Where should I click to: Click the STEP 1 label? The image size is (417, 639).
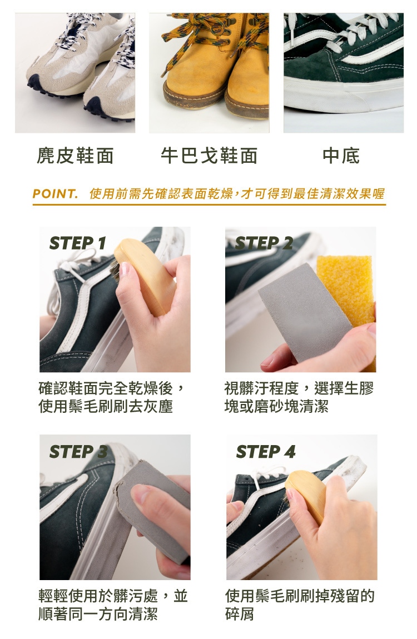pyautogui.click(x=77, y=243)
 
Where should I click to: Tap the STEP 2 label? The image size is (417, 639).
pyautogui.click(x=264, y=243)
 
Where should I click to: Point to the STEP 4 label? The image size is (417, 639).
pyautogui.click(x=266, y=452)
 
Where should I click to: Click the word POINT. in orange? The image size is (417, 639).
pyautogui.click(x=55, y=193)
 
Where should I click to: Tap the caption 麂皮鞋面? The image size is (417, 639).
pyautogui.click(x=75, y=156)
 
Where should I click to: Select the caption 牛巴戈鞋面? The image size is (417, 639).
pyautogui.click(x=209, y=156)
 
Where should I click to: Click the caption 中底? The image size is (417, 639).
pyautogui.click(x=341, y=156)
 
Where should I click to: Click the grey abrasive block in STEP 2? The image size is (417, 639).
pyautogui.click(x=305, y=313)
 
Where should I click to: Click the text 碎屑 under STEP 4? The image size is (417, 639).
pyautogui.click(x=239, y=614)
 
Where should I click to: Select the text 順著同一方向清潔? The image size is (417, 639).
pyautogui.click(x=98, y=614)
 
